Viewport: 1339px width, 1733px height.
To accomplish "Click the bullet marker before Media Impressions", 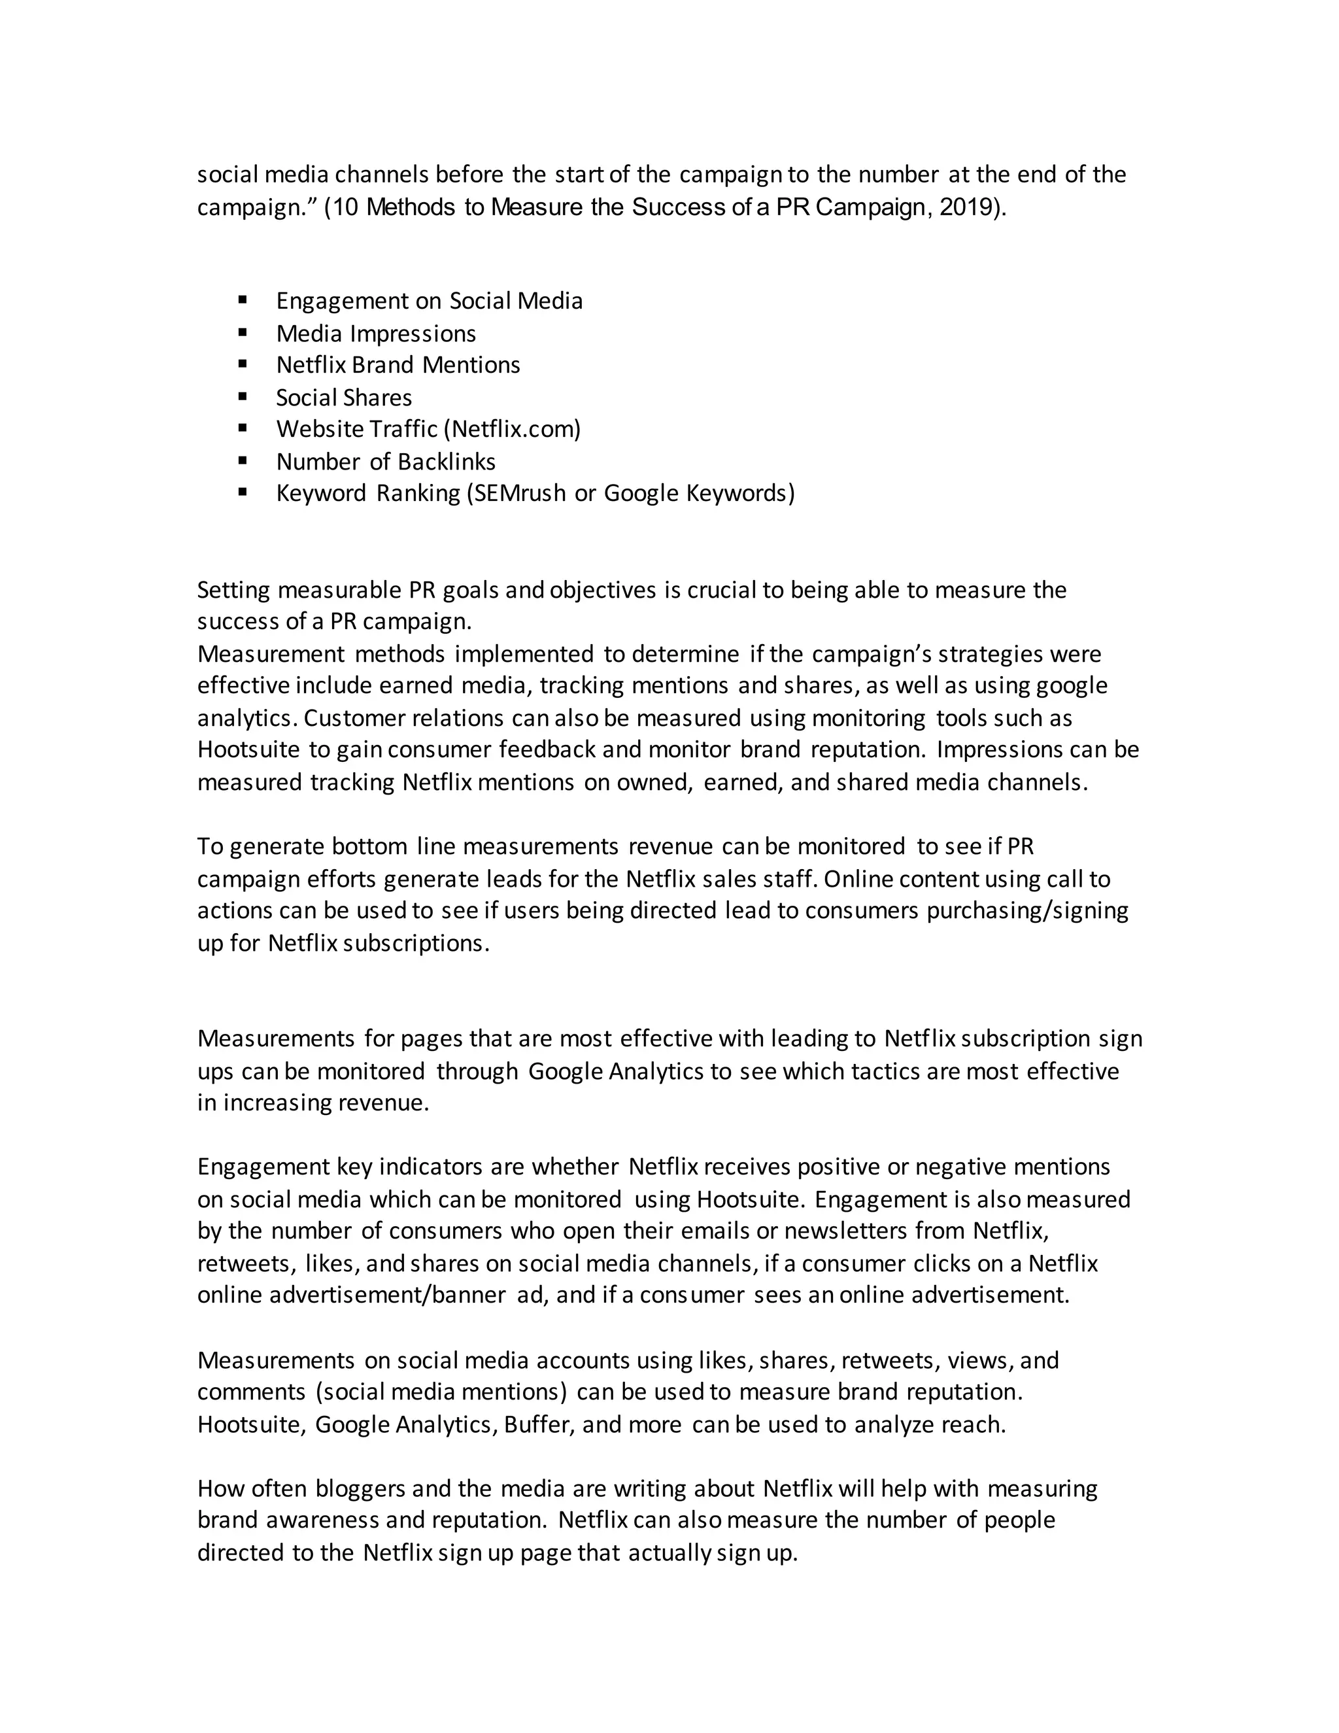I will click(243, 332).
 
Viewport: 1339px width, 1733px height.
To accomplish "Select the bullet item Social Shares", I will click(343, 397).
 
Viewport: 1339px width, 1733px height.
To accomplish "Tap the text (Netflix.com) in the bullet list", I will click(512, 429).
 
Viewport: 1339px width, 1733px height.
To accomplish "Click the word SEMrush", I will click(517, 494).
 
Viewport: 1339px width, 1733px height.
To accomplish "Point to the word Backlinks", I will click(447, 461).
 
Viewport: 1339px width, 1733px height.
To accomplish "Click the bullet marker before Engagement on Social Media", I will click(243, 300).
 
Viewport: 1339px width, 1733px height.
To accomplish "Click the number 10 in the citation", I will click(347, 207).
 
